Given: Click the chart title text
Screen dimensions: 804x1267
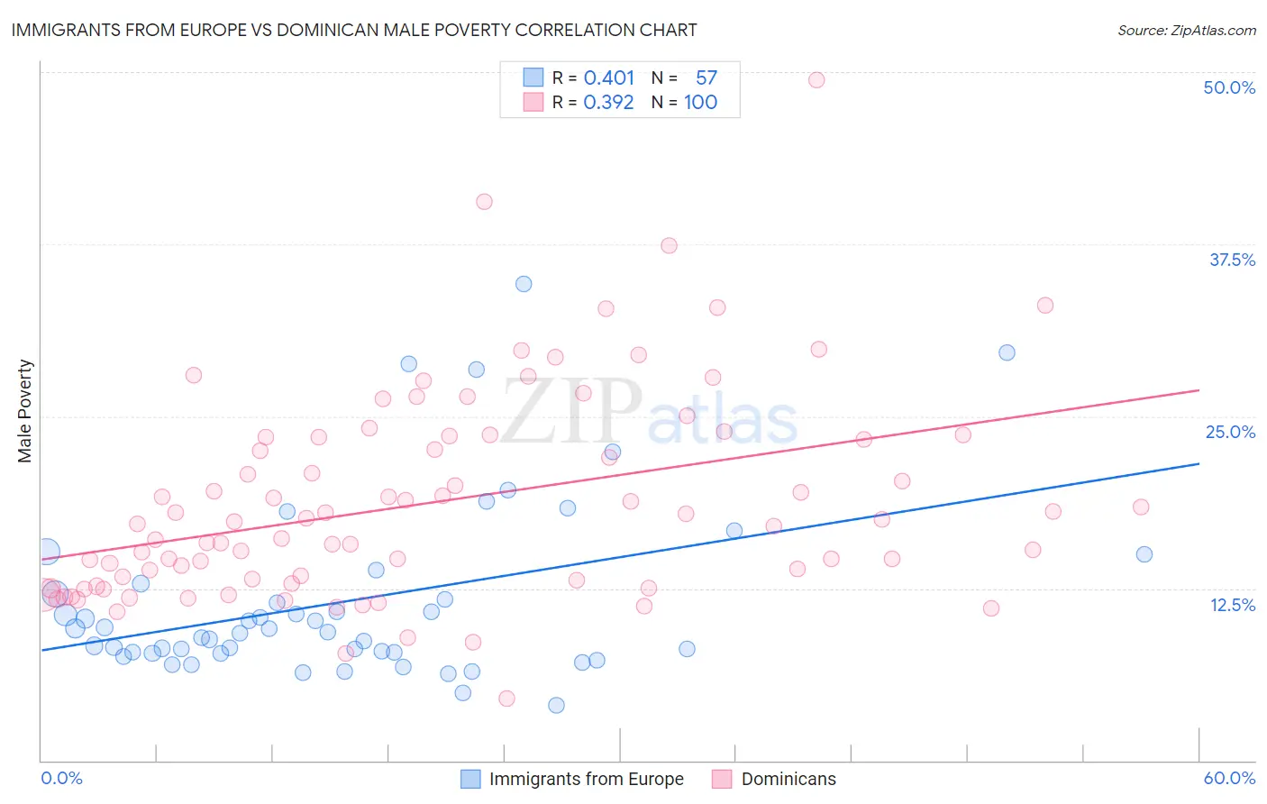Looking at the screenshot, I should [354, 30].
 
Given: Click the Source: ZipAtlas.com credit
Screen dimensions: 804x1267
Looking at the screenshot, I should [1186, 30].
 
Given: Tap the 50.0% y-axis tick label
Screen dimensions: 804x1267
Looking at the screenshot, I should [1229, 87].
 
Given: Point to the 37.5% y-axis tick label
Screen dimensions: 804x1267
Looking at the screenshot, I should [1232, 260].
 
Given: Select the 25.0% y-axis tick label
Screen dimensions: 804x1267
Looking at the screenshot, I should [1230, 432].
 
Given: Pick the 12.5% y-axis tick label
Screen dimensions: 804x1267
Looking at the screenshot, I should [1232, 605].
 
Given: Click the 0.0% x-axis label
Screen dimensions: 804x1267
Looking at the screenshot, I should [61, 778].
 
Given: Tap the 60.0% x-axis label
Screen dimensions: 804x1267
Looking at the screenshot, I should [1229, 778].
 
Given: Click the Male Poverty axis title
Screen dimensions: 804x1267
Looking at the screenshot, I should [25, 411].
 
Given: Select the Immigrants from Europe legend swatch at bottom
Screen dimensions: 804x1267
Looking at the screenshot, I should [470, 779].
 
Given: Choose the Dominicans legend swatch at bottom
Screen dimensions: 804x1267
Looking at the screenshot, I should [722, 779].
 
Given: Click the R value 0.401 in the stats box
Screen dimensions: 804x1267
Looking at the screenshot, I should [609, 78].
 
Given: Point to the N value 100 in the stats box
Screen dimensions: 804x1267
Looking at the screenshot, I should [700, 102].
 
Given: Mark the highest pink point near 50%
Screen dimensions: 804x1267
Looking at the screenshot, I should [816, 79].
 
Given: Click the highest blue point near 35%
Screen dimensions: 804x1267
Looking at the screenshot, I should [524, 284].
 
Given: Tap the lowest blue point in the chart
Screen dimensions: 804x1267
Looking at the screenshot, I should [556, 705].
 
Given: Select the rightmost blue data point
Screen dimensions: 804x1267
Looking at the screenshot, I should [1144, 554].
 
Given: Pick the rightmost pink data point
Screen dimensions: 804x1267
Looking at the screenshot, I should [1141, 507].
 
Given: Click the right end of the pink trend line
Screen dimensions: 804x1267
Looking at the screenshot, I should [1199, 390].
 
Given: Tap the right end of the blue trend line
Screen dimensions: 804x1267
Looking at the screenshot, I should [1199, 463].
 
